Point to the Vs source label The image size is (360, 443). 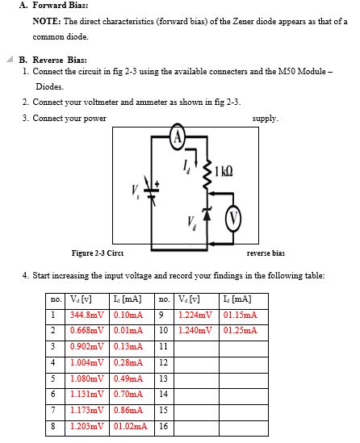coord(136,190)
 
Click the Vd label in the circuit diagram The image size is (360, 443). coord(190,220)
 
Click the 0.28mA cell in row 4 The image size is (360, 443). coord(128,362)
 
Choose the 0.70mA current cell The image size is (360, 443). coord(128,395)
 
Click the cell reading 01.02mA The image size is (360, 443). coord(129,427)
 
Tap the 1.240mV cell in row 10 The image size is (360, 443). coord(197,330)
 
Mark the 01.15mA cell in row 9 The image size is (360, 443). coord(239,314)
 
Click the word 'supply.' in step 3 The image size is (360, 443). coord(266,118)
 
